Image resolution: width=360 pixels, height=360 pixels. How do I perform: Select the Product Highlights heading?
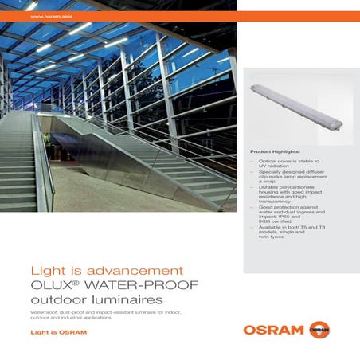[x=275, y=151]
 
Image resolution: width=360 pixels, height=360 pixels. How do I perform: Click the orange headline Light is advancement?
[x=107, y=271]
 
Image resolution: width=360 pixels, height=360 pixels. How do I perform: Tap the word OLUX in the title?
[x=51, y=285]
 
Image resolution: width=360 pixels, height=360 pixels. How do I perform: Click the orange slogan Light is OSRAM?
[x=57, y=331]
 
